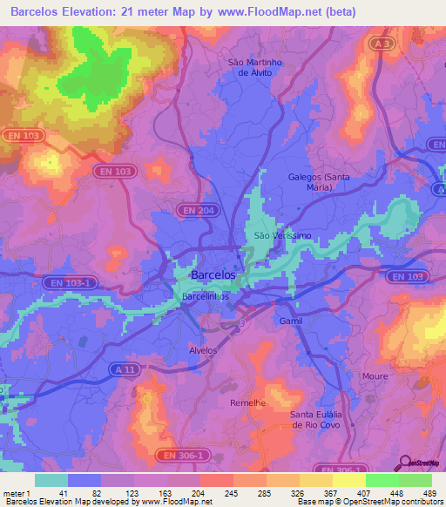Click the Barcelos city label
(x=213, y=274)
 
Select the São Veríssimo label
(x=275, y=236)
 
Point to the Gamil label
(x=290, y=321)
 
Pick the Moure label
(x=375, y=376)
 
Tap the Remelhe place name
(x=247, y=405)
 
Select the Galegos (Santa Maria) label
(x=319, y=181)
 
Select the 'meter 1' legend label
(x=16, y=493)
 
